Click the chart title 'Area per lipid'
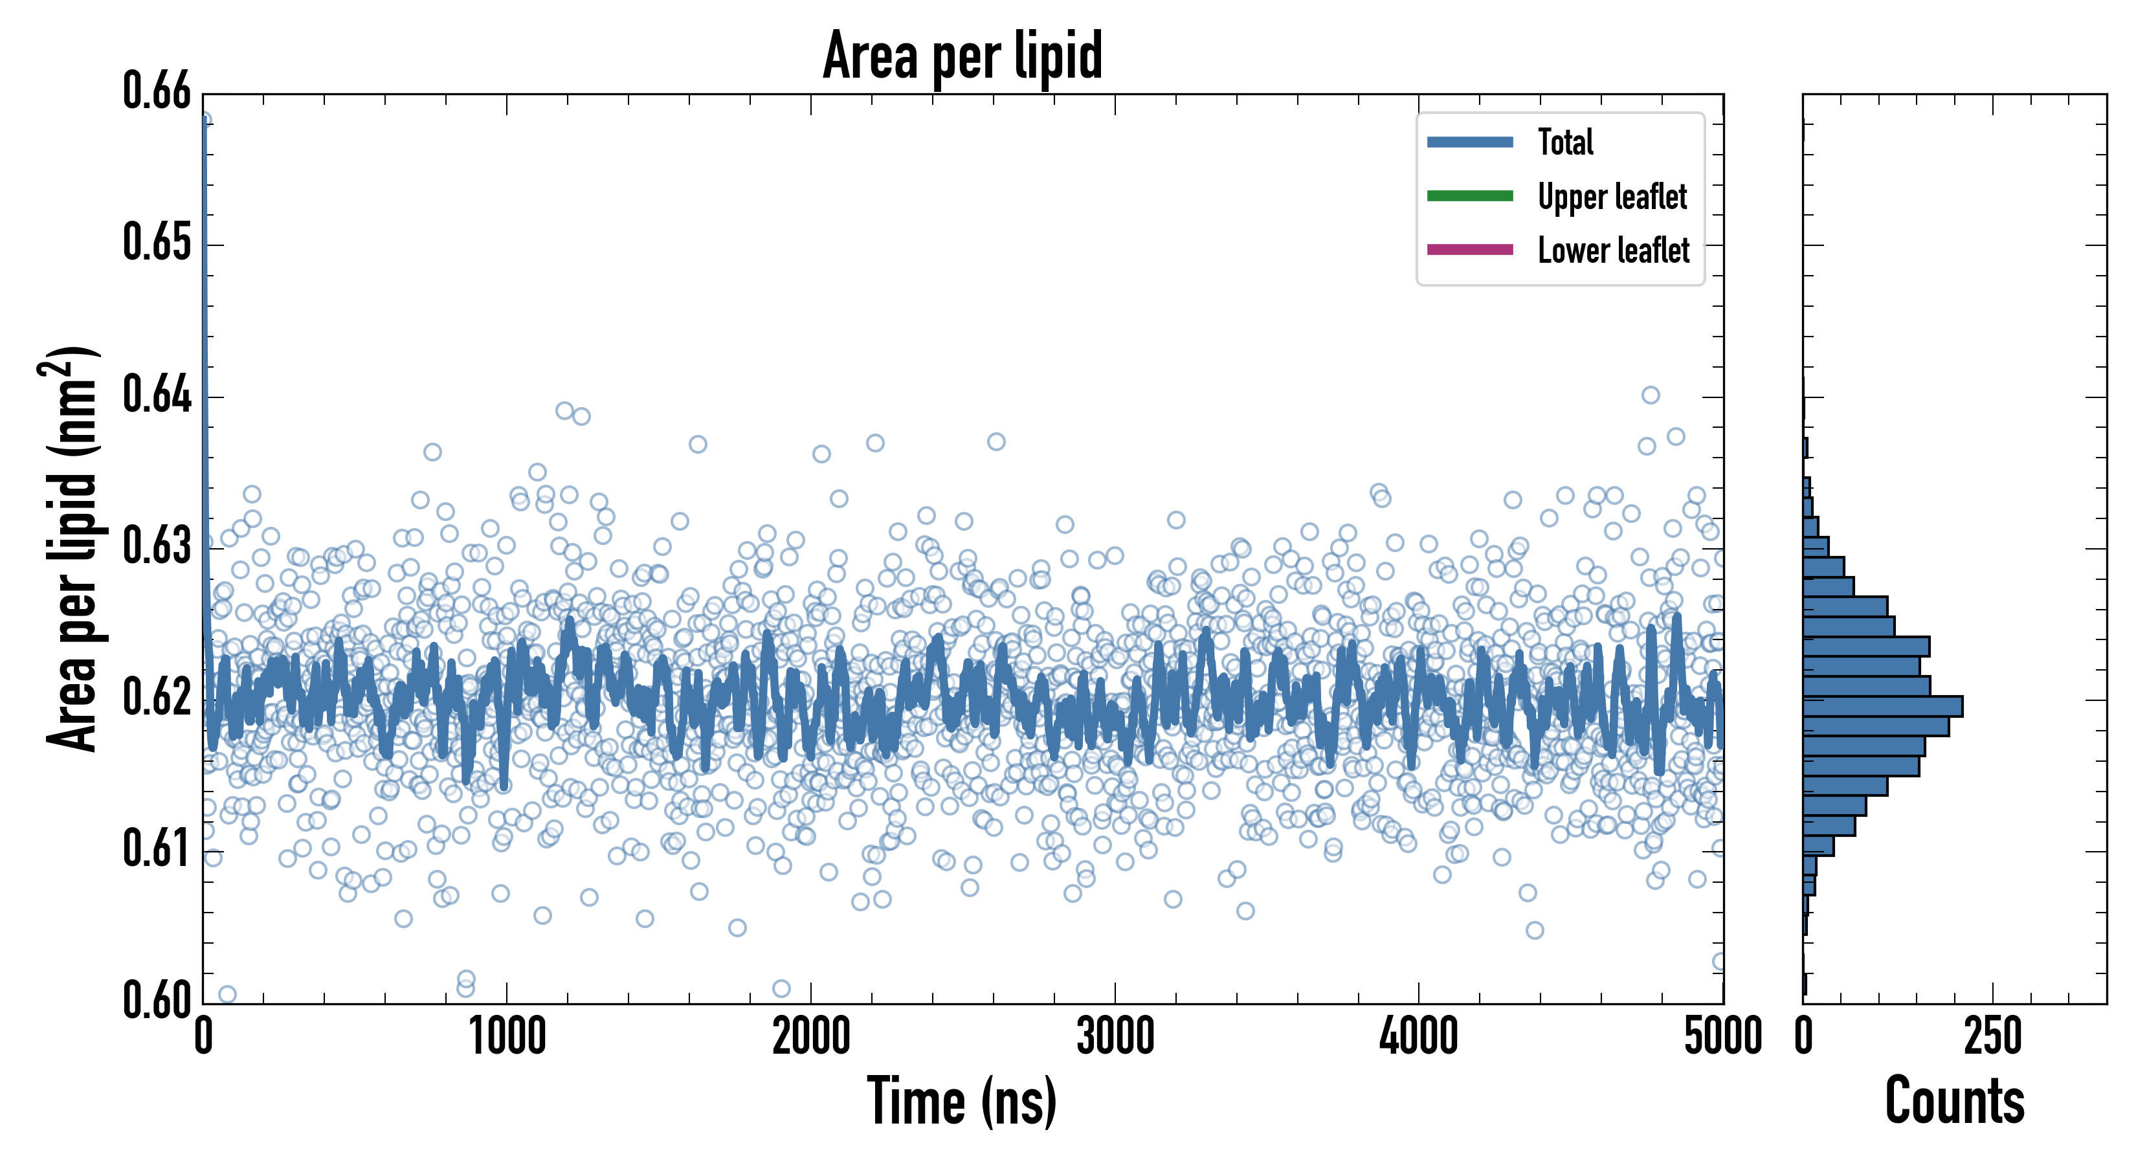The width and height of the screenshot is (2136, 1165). (x=962, y=56)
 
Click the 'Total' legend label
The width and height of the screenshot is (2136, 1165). (x=1566, y=142)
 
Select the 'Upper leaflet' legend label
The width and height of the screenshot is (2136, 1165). (x=1612, y=197)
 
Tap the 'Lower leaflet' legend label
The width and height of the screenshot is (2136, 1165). (x=1613, y=250)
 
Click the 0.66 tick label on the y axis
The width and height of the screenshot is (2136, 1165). (x=157, y=91)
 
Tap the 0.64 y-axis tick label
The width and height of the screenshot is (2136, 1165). (x=157, y=395)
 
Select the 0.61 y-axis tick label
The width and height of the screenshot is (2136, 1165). (x=157, y=849)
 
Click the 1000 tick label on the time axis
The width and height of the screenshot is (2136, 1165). (x=507, y=1037)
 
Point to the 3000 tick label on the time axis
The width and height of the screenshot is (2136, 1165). (x=1115, y=1037)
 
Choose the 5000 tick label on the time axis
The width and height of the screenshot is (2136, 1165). (x=1723, y=1037)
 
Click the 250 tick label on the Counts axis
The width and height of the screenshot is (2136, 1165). (x=1992, y=1037)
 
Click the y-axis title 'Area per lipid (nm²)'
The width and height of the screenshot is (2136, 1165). (x=71, y=549)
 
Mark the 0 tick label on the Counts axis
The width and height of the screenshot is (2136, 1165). (x=1803, y=1037)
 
